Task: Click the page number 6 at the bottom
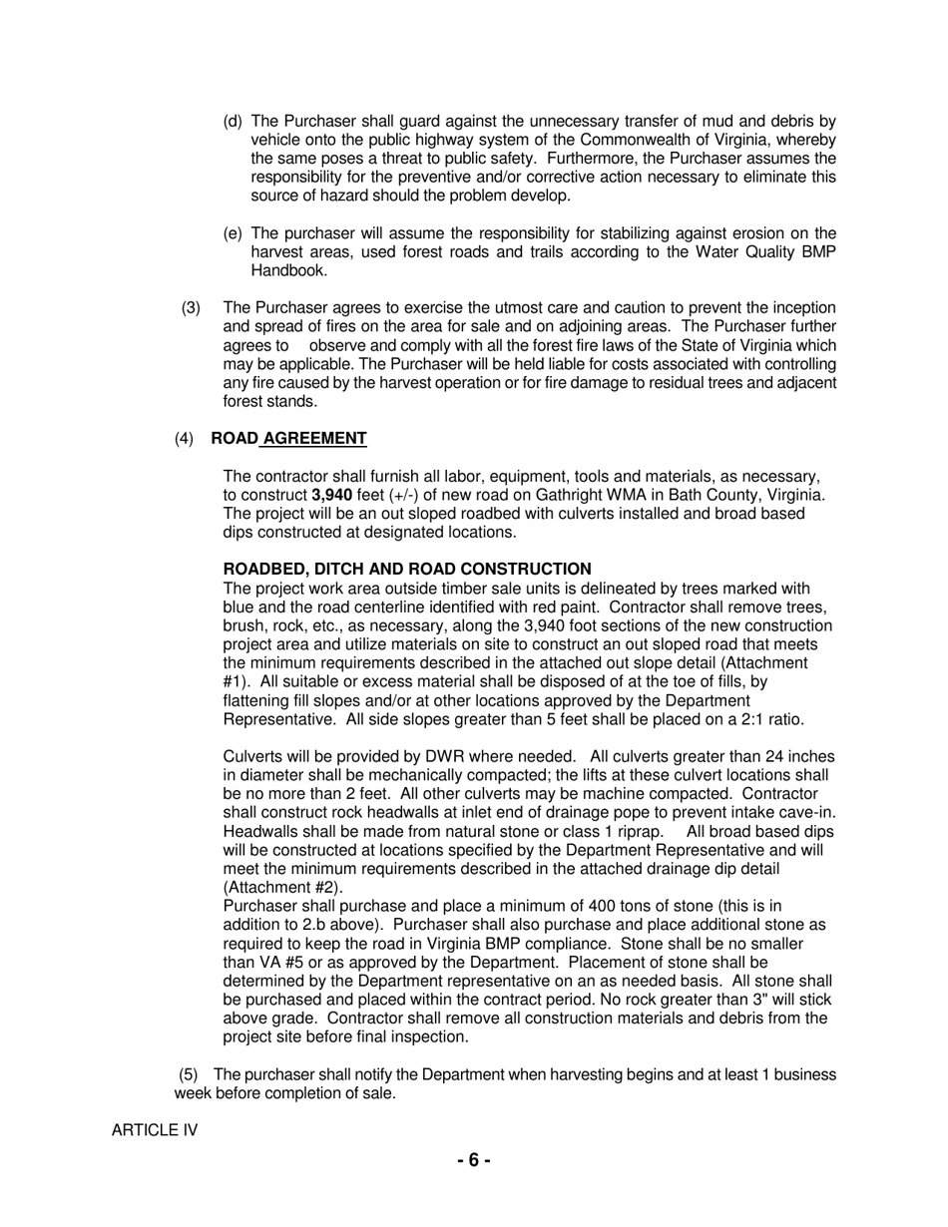pos(474,1160)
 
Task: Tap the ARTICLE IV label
pos(155,1130)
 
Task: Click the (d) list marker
pos(233,122)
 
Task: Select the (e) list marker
pos(233,233)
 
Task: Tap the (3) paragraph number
pos(191,308)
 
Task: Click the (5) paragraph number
pos(190,1074)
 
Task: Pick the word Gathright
pos(573,495)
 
